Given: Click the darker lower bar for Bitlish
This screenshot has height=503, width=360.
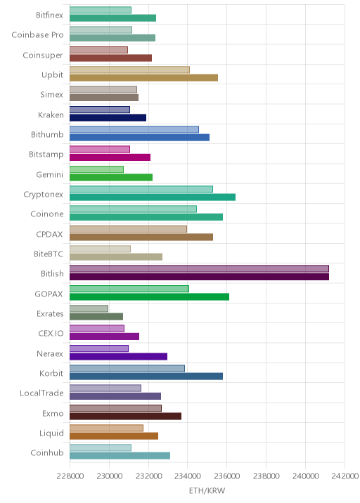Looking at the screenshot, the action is (x=199, y=277).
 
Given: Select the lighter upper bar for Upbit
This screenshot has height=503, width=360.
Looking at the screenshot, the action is (x=129, y=70).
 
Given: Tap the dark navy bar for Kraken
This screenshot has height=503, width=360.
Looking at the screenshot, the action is (x=108, y=118).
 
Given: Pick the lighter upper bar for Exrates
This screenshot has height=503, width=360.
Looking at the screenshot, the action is (x=89, y=308).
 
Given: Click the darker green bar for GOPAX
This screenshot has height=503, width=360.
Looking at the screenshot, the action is (x=149, y=296).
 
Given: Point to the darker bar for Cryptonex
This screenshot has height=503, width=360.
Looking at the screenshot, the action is (x=153, y=197).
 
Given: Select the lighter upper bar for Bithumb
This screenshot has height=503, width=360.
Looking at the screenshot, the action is (x=134, y=129).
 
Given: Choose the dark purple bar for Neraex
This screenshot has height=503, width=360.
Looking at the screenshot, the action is (x=118, y=356).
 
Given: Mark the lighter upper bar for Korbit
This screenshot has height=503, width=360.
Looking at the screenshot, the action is (x=127, y=368).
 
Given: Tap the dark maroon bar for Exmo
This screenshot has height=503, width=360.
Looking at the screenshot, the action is (x=125, y=416).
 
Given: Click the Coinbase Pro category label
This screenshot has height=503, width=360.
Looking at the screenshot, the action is (x=37, y=34).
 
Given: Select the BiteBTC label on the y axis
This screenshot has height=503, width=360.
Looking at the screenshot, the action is (x=49, y=254).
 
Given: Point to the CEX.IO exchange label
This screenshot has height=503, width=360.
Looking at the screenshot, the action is (x=51, y=333).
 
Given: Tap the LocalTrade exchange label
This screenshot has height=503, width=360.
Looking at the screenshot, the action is (x=41, y=393).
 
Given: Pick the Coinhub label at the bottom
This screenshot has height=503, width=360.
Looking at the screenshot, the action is (x=47, y=452).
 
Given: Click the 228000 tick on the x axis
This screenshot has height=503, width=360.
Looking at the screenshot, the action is (x=70, y=476).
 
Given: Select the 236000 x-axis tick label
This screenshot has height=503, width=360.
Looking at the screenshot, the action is (x=226, y=476).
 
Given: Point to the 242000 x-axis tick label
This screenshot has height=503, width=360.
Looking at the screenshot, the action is (x=345, y=476).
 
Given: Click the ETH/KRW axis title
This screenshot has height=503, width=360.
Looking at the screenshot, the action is (x=207, y=490).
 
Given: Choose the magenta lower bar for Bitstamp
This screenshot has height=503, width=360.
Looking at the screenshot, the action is (x=110, y=157).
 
